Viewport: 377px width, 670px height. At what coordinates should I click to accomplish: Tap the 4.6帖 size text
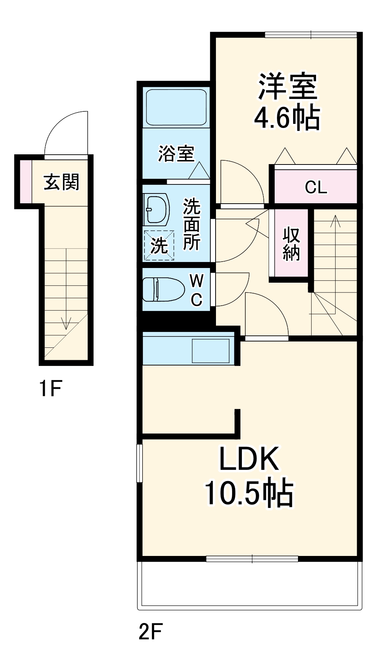click(x=287, y=118)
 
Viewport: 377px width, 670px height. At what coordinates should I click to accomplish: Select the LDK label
click(x=249, y=459)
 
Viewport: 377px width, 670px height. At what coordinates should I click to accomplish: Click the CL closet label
click(x=316, y=187)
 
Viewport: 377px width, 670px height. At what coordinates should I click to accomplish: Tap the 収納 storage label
click(x=291, y=244)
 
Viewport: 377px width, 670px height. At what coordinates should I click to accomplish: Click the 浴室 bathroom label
click(x=176, y=154)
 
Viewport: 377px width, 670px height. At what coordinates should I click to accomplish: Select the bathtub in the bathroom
click(x=176, y=107)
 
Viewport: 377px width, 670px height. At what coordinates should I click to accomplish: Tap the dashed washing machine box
click(x=159, y=245)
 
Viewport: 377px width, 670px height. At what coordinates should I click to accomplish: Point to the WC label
click(x=197, y=290)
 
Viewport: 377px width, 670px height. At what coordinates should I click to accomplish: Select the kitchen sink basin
click(x=211, y=351)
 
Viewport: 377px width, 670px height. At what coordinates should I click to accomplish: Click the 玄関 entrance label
click(x=62, y=182)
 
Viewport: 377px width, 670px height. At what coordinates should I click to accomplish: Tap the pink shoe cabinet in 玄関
click(x=26, y=181)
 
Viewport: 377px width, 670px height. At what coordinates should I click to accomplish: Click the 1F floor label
click(x=50, y=388)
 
